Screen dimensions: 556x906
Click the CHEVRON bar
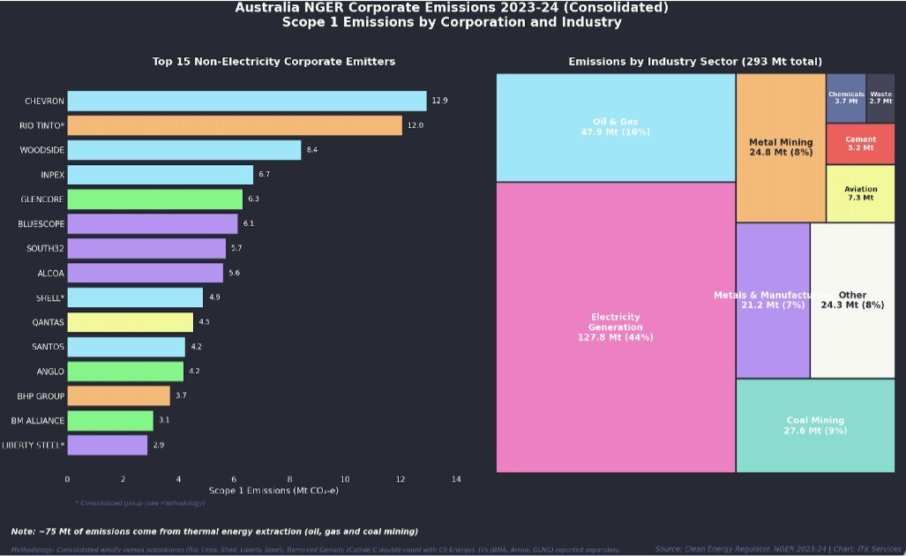(x=246, y=101)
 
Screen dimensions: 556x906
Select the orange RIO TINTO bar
(x=234, y=125)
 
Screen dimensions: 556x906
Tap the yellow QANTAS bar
(x=130, y=322)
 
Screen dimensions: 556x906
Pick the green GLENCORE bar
(x=154, y=199)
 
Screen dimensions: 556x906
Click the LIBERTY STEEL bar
(x=107, y=445)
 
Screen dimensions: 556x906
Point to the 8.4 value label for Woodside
(x=311, y=150)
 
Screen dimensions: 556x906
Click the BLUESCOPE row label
(x=41, y=224)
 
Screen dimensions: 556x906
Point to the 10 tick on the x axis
(x=345, y=479)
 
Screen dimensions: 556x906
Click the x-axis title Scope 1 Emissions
(x=273, y=490)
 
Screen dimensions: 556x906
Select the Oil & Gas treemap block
(x=615, y=127)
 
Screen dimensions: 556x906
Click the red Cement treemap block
(x=860, y=144)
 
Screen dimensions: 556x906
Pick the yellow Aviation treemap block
(x=860, y=193)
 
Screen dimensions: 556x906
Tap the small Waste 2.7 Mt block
(x=880, y=97)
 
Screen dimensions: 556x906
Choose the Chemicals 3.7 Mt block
(x=846, y=97)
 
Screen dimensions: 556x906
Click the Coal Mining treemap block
(x=814, y=425)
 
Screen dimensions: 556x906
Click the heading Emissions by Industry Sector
(x=695, y=62)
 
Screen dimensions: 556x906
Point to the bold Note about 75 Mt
(x=214, y=531)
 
